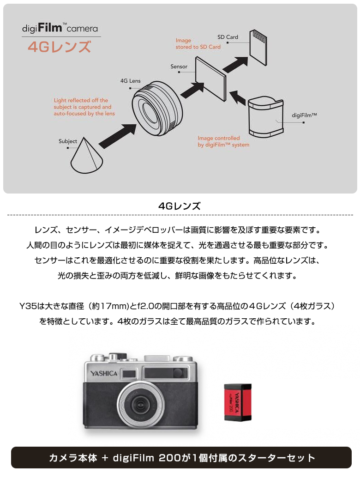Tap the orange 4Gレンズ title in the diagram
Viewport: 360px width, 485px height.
[x=59, y=47]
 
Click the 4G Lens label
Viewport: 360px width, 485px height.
[x=130, y=81]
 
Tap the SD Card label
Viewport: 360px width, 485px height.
[x=228, y=37]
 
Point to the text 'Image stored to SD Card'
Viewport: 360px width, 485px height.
[x=198, y=44]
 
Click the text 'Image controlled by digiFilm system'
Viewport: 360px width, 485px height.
[x=223, y=141]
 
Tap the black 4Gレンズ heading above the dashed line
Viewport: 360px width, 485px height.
[x=180, y=206]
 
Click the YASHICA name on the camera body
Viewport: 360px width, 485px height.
[x=104, y=373]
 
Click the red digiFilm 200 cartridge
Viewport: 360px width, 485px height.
[x=238, y=401]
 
